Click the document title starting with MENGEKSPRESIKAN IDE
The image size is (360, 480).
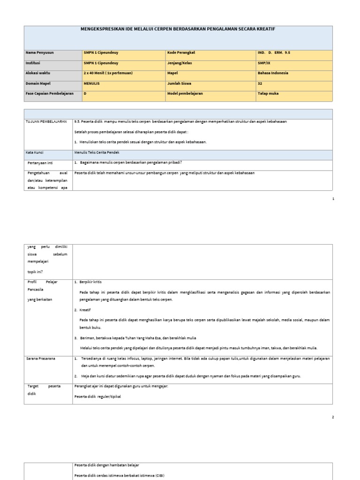pyautogui.click(x=178, y=29)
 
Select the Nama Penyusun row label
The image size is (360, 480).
pyautogui.click(x=40, y=53)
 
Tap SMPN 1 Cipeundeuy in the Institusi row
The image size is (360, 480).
pyautogui.click(x=101, y=63)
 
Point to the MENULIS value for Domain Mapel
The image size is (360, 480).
pyautogui.click(x=91, y=83)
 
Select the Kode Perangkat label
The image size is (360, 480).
pyautogui.click(x=180, y=53)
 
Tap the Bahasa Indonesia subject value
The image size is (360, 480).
pyautogui.click(x=273, y=73)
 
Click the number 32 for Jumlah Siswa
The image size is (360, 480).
pyautogui.click(x=260, y=83)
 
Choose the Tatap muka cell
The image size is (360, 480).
pyautogui.click(x=268, y=93)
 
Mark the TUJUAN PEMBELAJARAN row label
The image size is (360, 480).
pyautogui.click(x=46, y=121)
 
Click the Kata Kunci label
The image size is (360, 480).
pyautogui.click(x=36, y=152)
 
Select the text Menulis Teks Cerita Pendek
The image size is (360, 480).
pyautogui.click(x=97, y=152)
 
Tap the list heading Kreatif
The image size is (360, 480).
pyautogui.click(x=85, y=310)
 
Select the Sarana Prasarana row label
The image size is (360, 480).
pyautogui.click(x=42, y=358)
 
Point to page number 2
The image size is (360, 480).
pyautogui.click(x=333, y=417)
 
